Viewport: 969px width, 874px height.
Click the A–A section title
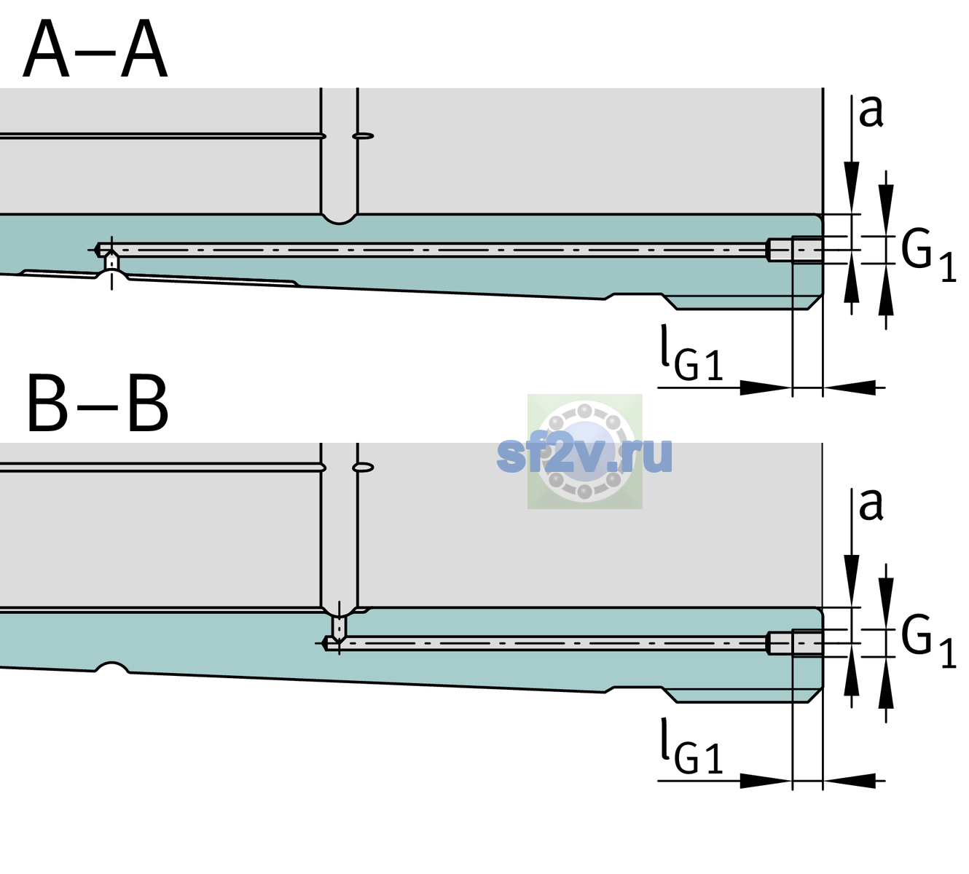[95, 49]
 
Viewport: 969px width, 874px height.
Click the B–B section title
[98, 403]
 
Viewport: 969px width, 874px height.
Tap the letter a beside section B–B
[871, 505]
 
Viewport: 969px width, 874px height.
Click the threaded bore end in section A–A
[795, 250]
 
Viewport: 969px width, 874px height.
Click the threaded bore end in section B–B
[795, 643]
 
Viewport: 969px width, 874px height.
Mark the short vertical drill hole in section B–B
[340, 627]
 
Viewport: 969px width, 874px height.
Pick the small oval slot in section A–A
[363, 136]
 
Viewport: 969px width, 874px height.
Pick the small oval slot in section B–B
[363, 468]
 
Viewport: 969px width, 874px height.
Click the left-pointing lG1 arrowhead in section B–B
[850, 781]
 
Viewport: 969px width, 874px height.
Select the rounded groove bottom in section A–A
[339, 219]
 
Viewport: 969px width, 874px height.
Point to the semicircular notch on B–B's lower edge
[112, 667]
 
